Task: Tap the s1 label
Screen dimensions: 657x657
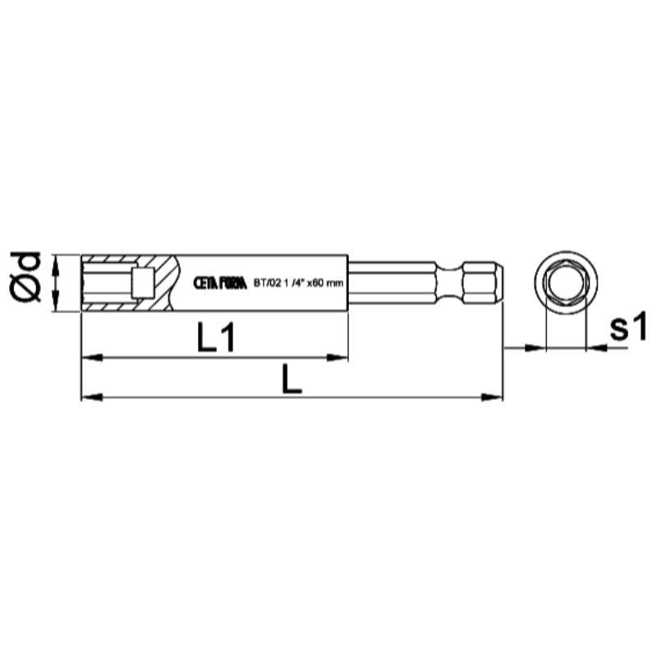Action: click(629, 328)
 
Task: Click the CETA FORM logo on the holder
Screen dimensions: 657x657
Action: click(219, 283)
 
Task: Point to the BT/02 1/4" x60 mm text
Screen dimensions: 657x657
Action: click(297, 283)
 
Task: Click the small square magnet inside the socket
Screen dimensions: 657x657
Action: click(141, 283)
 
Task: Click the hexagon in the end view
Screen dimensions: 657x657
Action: click(565, 283)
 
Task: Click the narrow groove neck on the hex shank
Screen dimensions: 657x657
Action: click(451, 283)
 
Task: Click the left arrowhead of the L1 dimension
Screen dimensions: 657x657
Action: click(90, 356)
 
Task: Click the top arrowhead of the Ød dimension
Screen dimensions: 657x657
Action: click(56, 262)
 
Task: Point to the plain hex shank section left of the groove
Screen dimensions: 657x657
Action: click(394, 283)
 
